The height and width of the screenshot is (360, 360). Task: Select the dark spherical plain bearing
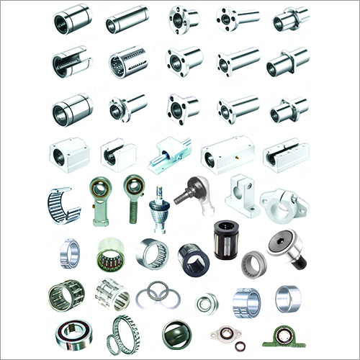[177, 333]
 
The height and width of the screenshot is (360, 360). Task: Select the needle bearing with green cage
[109, 255]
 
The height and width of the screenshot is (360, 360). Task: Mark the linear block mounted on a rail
[168, 154]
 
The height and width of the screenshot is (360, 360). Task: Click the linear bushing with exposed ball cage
[126, 65]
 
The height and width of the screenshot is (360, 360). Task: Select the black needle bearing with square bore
[193, 255]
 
